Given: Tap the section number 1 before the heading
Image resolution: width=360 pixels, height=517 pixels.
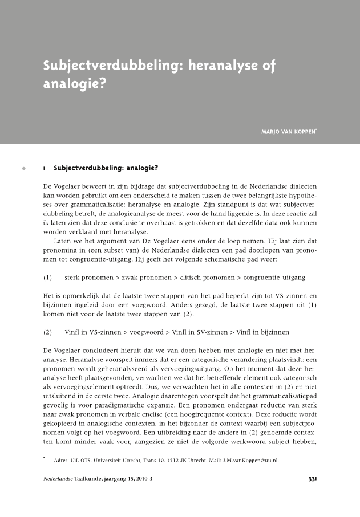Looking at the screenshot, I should [44, 169].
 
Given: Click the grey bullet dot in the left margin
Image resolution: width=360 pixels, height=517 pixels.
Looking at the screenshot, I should [23, 169].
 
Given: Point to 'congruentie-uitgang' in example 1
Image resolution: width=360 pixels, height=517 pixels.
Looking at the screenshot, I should [274, 278].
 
